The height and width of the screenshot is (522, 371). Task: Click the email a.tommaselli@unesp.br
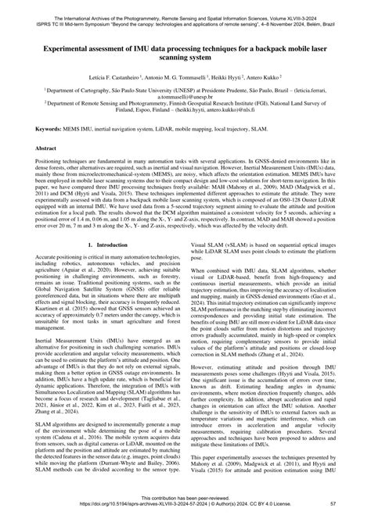(x=186, y=98)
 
